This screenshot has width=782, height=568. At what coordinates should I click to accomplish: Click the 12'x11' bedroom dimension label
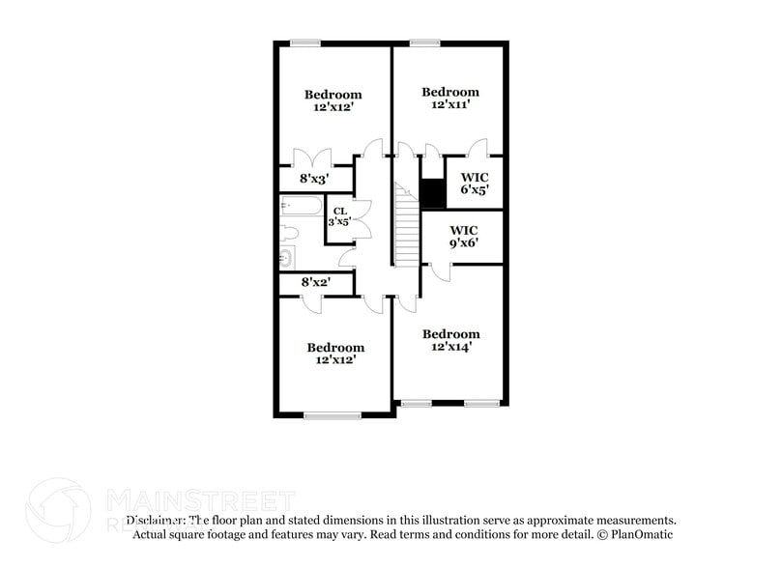coord(450,104)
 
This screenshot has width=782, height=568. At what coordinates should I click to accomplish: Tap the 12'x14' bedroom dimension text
coord(451,346)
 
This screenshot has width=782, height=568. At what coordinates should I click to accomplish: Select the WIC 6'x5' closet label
coord(475,184)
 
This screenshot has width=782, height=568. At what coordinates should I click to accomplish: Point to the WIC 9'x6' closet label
coord(464,238)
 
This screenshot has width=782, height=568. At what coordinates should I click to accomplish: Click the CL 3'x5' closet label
coord(339,215)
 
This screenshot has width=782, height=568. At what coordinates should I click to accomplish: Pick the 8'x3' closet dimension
coord(315,179)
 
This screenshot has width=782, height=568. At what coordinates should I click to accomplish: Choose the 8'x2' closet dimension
coord(315,283)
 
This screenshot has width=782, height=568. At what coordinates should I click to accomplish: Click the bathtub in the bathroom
coord(300,206)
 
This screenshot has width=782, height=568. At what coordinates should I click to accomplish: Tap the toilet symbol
coord(289,232)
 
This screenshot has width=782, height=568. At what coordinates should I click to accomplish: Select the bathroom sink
coord(286,257)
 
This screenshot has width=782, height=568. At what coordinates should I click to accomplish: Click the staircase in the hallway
coord(406,227)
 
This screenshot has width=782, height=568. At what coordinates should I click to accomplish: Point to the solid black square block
coord(432,194)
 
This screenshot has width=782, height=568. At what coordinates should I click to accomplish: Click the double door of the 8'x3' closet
coord(313,157)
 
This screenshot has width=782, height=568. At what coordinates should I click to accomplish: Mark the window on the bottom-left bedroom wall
coord(332,415)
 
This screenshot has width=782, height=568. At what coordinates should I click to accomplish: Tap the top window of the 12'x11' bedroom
coord(424,42)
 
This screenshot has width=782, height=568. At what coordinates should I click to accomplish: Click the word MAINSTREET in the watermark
coord(199,499)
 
